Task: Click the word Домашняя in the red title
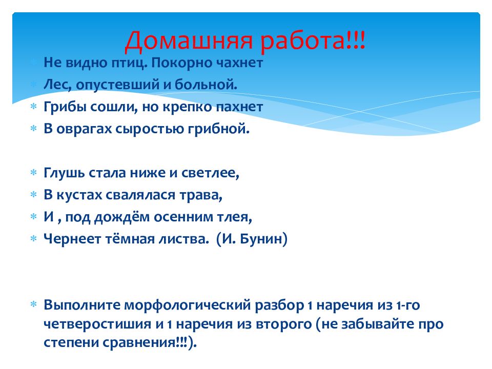[x=189, y=41]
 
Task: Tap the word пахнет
[x=239, y=107]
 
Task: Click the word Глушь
[x=64, y=173]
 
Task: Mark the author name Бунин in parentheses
[x=263, y=239]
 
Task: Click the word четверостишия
[x=97, y=324]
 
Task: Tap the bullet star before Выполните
[x=34, y=304]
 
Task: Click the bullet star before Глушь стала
[x=34, y=172]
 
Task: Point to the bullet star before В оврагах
[x=34, y=128]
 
